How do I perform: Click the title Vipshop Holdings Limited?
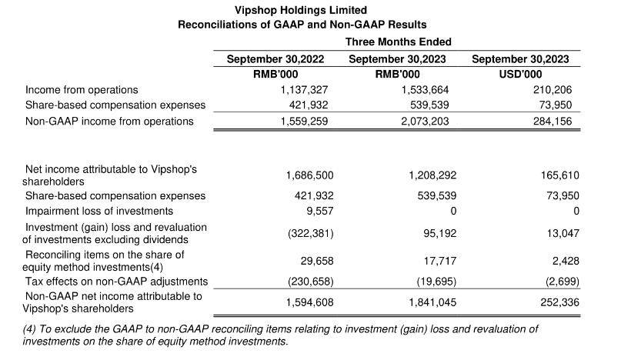301,10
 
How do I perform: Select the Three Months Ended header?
398,42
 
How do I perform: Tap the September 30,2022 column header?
275,59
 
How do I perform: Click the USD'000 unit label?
520,75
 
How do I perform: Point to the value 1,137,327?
304,90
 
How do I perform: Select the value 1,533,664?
425,90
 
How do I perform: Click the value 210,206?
553,90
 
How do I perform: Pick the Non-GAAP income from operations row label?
109,122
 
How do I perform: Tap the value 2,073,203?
425,122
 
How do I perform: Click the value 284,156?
553,122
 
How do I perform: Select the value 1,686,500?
310,176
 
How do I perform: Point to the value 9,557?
320,212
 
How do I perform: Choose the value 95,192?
440,234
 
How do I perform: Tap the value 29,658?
317,261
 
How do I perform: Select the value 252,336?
559,302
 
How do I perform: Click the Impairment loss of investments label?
99,212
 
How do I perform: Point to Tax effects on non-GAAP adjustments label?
117,282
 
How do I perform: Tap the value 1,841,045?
432,302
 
